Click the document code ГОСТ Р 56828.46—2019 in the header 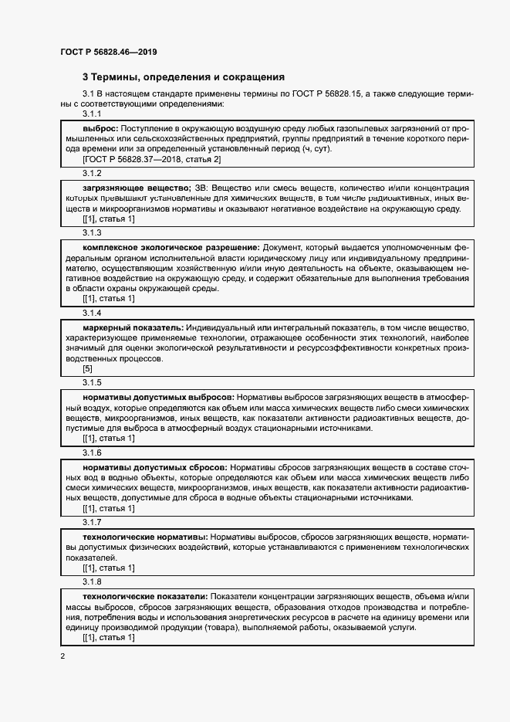click(110, 52)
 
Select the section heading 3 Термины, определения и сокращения click(184, 77)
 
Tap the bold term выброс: click(100, 126)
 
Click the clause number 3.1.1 click(92, 114)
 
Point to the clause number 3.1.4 click(92, 313)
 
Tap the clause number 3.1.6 click(92, 453)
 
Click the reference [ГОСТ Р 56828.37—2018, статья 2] click(152, 159)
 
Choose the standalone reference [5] click(87, 368)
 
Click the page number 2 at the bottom click(62, 656)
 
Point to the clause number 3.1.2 click(92, 174)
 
